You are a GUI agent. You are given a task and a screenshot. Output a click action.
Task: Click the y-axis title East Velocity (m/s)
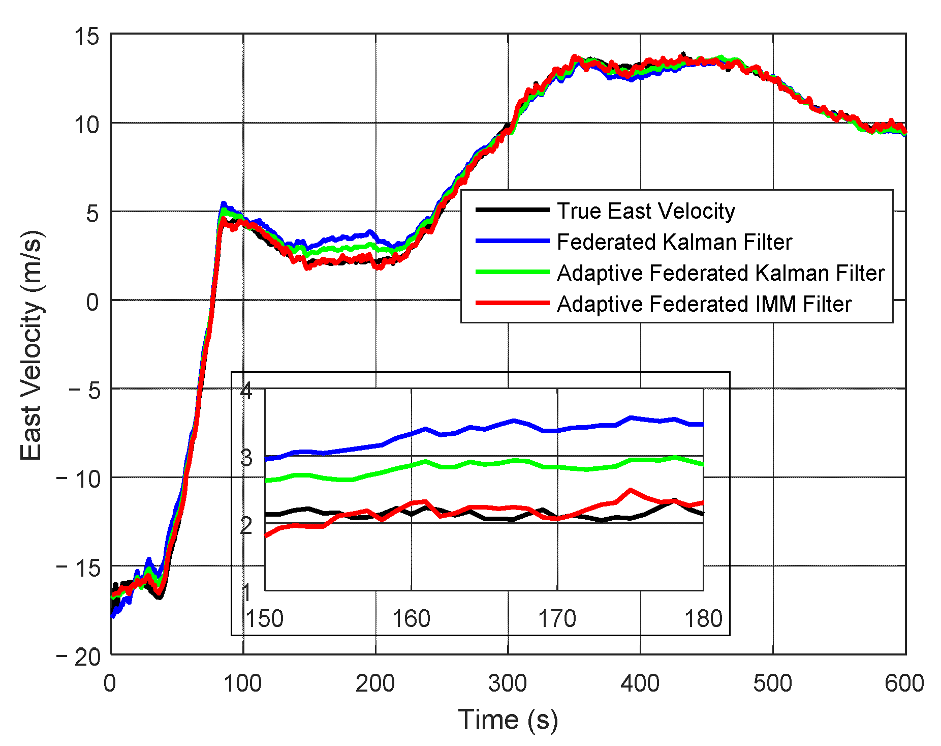(31, 346)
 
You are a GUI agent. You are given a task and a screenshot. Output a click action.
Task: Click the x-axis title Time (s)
(508, 720)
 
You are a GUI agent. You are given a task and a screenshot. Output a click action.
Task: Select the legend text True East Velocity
(646, 211)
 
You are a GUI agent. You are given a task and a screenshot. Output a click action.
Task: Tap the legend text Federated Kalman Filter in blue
(674, 242)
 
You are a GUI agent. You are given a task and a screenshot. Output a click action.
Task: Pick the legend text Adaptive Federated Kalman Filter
(720, 273)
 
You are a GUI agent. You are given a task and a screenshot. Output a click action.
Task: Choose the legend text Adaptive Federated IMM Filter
(704, 304)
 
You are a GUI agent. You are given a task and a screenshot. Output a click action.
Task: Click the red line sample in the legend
(512, 303)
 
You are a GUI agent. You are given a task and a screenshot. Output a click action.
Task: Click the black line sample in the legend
(512, 210)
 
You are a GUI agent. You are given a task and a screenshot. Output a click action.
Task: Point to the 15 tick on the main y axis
(86, 37)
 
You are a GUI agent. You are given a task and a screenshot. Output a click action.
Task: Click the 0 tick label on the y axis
(93, 302)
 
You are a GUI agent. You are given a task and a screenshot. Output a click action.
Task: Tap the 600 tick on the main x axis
(904, 683)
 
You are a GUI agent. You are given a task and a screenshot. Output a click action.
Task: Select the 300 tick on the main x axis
(508, 683)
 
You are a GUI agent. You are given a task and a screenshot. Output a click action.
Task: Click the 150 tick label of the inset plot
(264, 619)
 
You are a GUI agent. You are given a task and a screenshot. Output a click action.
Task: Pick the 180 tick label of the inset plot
(703, 619)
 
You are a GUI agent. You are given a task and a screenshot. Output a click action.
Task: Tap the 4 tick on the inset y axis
(246, 391)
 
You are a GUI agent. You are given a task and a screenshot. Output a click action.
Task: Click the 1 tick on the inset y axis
(246, 592)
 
